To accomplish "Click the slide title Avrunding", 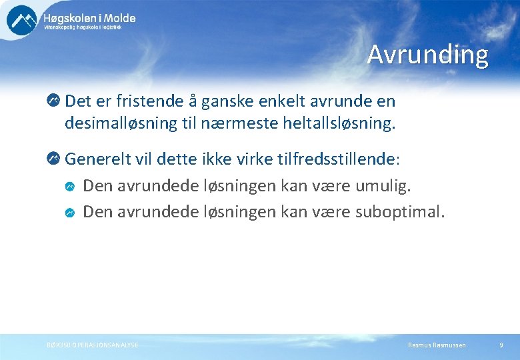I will [427, 55].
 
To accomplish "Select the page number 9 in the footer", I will [501, 345].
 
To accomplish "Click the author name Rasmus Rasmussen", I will [437, 345].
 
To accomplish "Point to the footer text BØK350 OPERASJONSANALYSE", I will [93, 345].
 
